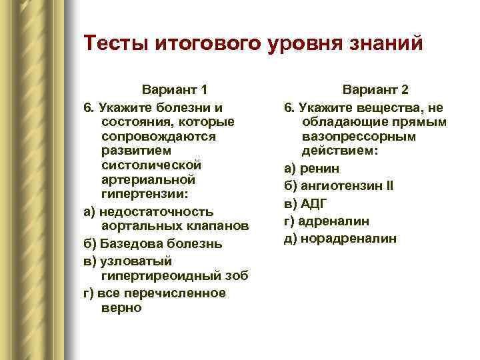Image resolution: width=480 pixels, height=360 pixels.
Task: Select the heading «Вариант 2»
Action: click(375, 89)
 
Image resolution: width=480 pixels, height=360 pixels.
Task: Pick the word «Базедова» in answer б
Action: click(131, 244)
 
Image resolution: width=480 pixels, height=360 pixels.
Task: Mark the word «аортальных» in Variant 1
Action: click(141, 227)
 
